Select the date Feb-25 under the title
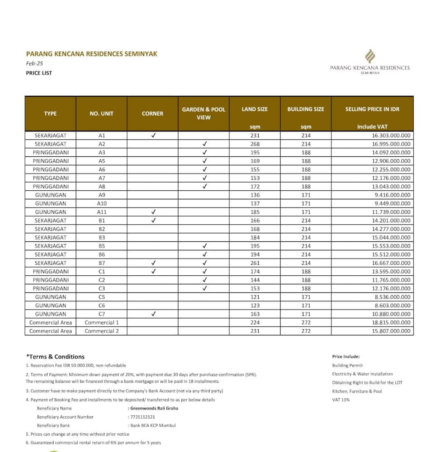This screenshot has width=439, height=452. tap(34, 64)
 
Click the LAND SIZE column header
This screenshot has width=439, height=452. tap(255, 109)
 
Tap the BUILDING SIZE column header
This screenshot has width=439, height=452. tap(306, 109)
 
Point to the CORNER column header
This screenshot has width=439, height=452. tap(152, 113)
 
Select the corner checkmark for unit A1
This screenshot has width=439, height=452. tap(153, 135)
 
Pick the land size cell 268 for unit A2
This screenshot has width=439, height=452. tap(255, 144)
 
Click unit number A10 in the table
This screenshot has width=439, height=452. tap(102, 203)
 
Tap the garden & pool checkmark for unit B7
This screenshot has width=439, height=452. tap(204, 263)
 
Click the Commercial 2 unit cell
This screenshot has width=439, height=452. tap(102, 331)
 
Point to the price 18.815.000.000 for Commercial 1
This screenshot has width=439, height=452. tap(391, 323)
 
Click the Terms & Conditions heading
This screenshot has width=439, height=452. tap(55, 357)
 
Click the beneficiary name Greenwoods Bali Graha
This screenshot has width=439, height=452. tap(154, 408)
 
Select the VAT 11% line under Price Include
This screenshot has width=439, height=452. tap(340, 400)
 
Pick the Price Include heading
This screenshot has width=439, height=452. tap(346, 357)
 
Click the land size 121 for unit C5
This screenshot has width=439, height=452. tap(255, 297)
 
